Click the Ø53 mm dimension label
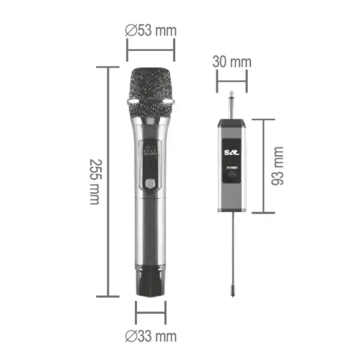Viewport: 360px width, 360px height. coord(151,30)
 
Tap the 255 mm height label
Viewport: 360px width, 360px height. coord(94,181)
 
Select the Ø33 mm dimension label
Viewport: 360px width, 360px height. coord(151,335)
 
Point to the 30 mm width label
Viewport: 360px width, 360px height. coord(232,62)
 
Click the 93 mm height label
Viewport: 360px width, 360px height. coord(278,166)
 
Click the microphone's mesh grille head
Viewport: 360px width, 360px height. coord(151,84)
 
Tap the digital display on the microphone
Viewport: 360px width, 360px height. coord(151,152)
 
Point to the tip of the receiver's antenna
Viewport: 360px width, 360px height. coord(232,295)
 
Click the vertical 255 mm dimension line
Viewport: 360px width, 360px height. coord(108,181)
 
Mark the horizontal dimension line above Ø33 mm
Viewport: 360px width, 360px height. coord(151,313)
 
